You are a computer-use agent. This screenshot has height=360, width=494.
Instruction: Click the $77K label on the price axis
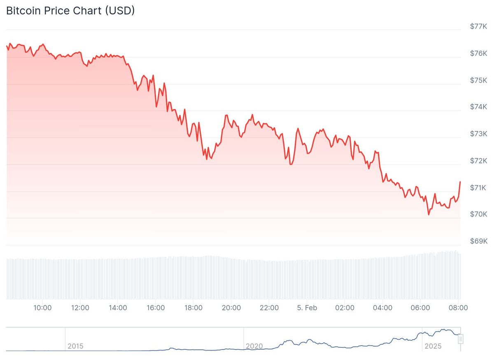(x=478, y=26)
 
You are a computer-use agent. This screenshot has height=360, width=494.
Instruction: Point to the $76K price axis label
(x=478, y=53)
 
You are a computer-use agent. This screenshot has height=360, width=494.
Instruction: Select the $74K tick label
(x=478, y=107)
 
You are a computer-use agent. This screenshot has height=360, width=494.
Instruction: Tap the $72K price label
(x=478, y=161)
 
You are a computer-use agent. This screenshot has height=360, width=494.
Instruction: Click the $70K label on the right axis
(x=478, y=214)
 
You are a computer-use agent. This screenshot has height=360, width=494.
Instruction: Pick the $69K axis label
(x=478, y=241)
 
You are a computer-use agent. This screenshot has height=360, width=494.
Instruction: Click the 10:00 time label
(x=42, y=308)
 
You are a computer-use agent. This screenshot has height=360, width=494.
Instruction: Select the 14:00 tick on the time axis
(x=118, y=308)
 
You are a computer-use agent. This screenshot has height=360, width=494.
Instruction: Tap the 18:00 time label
(x=193, y=308)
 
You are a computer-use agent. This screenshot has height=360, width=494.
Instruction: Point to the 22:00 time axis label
(x=269, y=308)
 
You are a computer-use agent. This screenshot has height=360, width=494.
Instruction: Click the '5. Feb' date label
(x=307, y=308)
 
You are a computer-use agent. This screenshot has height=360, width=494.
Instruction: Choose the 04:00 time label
(x=382, y=308)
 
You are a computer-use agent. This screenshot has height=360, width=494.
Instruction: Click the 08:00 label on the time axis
(x=458, y=308)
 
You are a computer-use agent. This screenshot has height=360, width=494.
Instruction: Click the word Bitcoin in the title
(x=23, y=11)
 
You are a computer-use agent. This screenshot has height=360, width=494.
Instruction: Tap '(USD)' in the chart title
(x=120, y=11)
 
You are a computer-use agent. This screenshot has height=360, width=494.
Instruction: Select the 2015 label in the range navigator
(x=75, y=346)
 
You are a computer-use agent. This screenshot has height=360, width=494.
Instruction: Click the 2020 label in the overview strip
(x=254, y=346)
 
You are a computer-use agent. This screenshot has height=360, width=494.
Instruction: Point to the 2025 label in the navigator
(x=433, y=346)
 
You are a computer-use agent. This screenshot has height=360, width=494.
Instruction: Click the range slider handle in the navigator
(x=461, y=339)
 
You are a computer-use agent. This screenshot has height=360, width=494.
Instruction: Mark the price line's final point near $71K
(x=460, y=182)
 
